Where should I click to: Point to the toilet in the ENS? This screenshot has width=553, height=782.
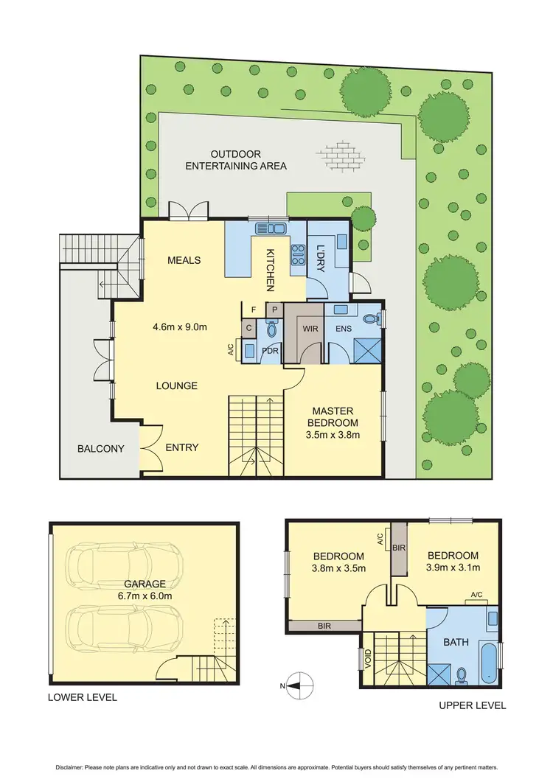pyautogui.click(x=378, y=318)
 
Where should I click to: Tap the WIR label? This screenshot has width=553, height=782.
pyautogui.click(x=310, y=328)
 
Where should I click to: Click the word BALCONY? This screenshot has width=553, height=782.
pyautogui.click(x=100, y=449)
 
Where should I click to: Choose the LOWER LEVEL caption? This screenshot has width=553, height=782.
pyautogui.click(x=82, y=697)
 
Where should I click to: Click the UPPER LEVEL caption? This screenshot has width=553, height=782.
pyautogui.click(x=472, y=705)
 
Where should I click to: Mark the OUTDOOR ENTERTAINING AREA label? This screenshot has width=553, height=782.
pyautogui.click(x=236, y=160)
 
